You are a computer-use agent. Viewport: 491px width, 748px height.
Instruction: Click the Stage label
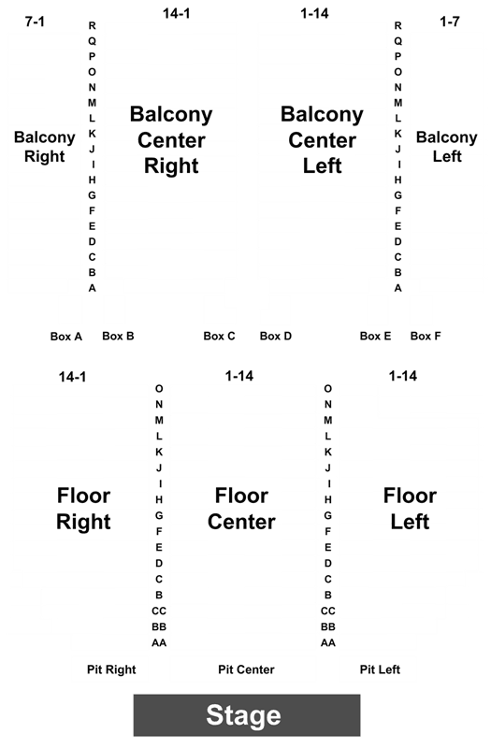243,715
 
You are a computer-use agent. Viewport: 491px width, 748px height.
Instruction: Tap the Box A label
66,337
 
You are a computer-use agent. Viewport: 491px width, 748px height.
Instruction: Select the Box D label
275,337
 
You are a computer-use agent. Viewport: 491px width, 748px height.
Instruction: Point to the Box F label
426,337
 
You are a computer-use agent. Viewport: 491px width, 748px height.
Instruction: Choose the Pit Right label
111,669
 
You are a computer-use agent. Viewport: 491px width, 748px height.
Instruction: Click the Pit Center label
246,669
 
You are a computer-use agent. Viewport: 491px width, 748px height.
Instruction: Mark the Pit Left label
380,669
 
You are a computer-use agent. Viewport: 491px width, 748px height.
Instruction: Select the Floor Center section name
241,509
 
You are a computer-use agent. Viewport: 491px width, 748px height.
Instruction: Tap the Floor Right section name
83,509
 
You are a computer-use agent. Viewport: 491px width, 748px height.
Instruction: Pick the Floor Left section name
410,509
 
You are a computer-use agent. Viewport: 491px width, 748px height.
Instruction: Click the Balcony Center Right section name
171,140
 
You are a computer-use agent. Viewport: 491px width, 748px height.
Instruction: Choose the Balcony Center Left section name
322,140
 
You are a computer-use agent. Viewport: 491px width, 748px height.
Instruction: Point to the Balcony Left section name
447,147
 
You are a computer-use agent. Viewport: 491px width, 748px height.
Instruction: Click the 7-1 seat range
35,22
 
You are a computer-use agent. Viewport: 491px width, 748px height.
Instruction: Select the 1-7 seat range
450,22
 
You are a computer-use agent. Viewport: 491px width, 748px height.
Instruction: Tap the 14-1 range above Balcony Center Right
177,14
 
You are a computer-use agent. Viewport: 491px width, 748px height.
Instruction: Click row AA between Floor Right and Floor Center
159,643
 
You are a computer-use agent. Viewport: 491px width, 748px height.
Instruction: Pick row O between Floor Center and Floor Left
328,389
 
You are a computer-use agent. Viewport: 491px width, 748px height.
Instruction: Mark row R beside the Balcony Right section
92,26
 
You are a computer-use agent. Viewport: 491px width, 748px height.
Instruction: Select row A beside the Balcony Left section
398,288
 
